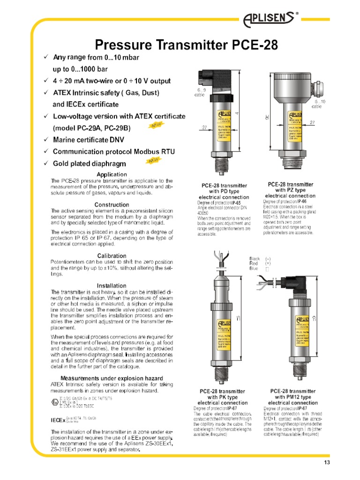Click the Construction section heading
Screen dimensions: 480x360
(112, 205)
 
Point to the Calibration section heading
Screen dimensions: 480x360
(112, 255)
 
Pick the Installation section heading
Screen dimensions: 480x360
(112, 285)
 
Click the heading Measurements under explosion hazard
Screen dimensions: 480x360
(112, 378)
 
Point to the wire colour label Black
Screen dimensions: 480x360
(255, 259)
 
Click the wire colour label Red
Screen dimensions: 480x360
(254, 263)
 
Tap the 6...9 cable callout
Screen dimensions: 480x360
(201, 92)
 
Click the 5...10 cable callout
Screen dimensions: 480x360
(321, 104)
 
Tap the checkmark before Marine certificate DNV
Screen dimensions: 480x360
(45, 140)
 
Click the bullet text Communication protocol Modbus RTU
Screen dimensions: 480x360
(112, 151)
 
